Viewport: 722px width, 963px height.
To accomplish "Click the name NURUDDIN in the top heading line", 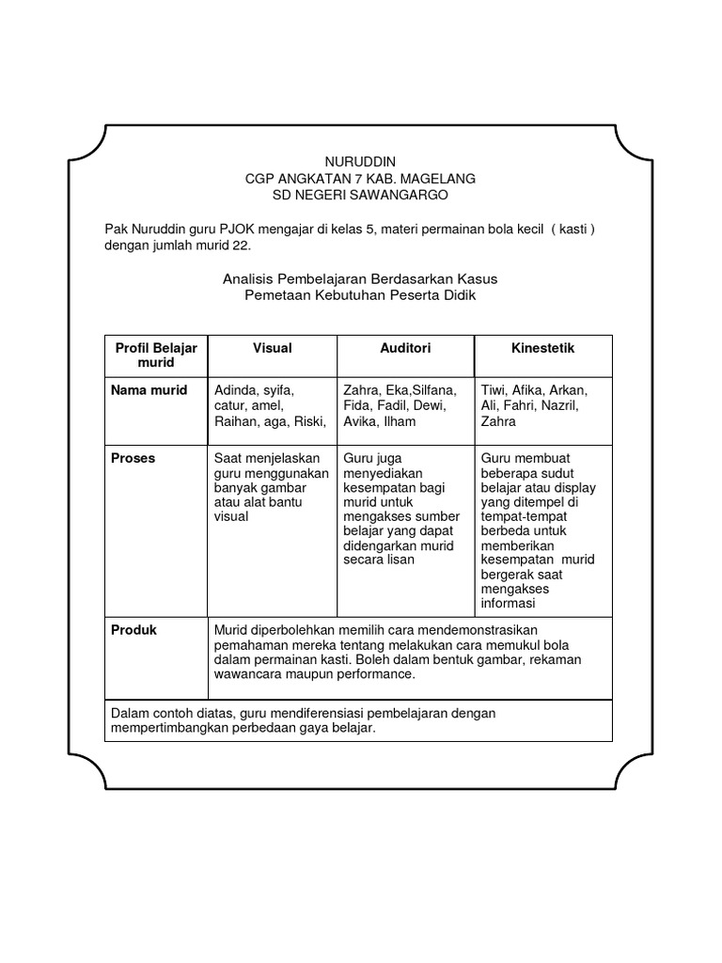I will click(x=360, y=162).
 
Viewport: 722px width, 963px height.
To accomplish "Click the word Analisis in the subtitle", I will click(x=247, y=279).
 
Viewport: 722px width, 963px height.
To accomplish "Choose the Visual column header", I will click(x=273, y=348).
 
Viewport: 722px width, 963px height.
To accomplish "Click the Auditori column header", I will click(x=405, y=348).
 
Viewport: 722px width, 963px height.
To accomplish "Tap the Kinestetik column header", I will click(x=542, y=348).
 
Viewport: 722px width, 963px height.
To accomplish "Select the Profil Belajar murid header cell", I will click(x=156, y=355).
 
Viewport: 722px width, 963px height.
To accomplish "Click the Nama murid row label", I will click(x=149, y=390).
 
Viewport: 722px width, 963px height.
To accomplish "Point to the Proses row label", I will click(x=133, y=458).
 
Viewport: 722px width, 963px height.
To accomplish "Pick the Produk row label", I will click(x=134, y=630).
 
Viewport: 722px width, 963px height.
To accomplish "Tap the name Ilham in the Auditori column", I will click(x=400, y=422).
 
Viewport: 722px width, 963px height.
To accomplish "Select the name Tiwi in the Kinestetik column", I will click(x=494, y=390).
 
